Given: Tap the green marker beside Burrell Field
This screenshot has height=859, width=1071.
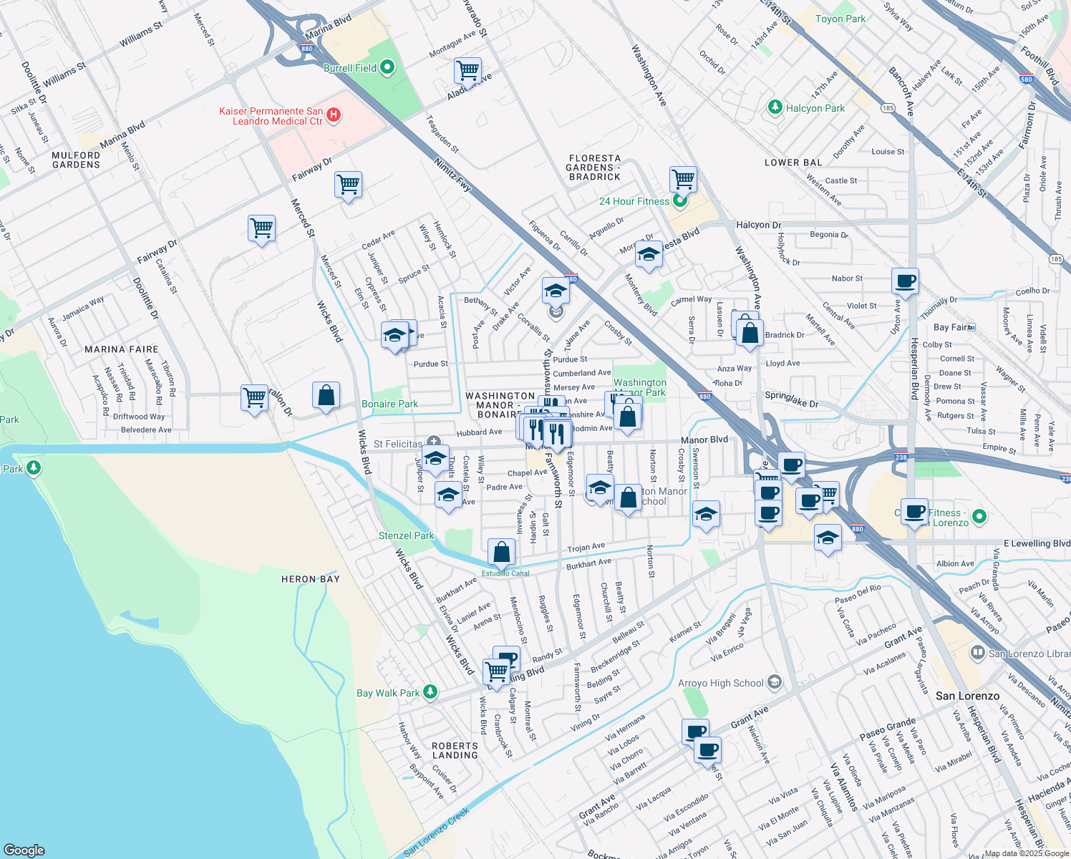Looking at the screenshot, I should [x=387, y=68].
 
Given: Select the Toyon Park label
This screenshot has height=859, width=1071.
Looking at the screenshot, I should [x=840, y=19].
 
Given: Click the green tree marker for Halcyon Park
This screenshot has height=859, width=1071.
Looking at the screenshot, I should [x=775, y=107].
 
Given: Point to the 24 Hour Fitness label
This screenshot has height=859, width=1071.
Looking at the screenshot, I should [x=634, y=201].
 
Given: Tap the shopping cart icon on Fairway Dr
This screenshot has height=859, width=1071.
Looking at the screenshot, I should [x=348, y=184].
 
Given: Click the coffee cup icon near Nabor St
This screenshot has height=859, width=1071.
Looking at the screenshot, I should [x=905, y=281].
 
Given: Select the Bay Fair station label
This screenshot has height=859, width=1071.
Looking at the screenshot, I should [x=951, y=327].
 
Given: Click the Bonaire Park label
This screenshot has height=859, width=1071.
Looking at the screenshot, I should [x=389, y=404].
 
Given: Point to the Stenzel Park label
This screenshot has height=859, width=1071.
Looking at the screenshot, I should [x=406, y=535].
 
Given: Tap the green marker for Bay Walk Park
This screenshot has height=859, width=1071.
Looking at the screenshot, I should [x=430, y=691].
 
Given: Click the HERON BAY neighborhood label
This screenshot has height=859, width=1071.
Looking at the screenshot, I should [x=310, y=579].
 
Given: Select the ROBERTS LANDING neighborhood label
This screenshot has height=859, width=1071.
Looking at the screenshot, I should [x=455, y=750].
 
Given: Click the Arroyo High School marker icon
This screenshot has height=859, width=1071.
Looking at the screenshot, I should [x=774, y=682].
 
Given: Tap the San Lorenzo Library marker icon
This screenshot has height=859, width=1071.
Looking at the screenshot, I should [x=977, y=653].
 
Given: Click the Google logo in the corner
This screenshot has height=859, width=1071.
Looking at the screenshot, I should [x=24, y=850].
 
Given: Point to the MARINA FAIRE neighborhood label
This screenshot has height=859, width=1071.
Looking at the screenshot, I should [x=121, y=349].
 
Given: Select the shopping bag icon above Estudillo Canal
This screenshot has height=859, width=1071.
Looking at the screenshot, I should [x=501, y=552].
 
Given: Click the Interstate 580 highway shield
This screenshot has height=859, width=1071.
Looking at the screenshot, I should [x=1027, y=79].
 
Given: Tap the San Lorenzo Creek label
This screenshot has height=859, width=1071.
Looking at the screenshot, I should [x=436, y=832].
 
